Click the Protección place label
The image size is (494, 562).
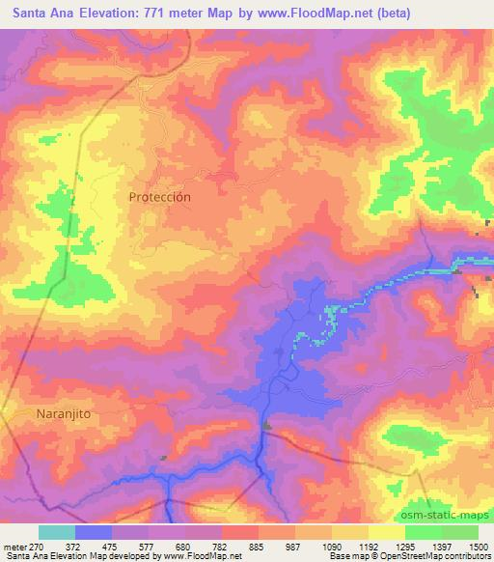[159, 196]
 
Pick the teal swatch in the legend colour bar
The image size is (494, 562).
[56, 532]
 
